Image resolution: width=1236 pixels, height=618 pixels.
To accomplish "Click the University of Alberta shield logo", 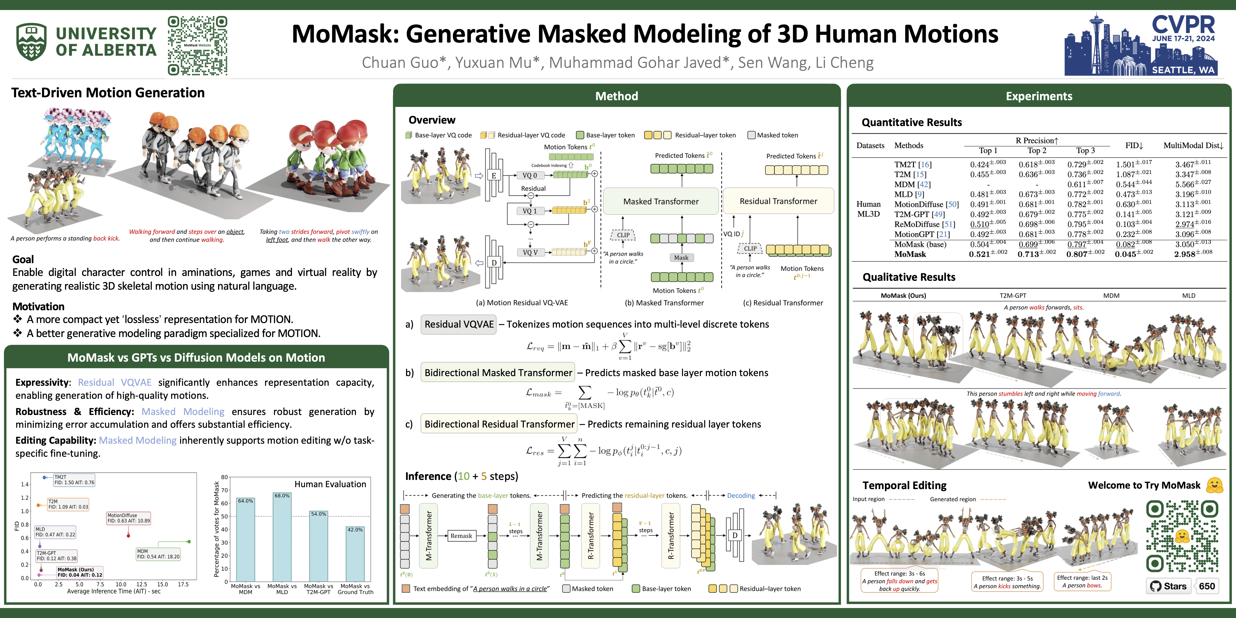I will pos(32,42).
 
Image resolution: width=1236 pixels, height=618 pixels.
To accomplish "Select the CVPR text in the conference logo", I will pos(1183,24).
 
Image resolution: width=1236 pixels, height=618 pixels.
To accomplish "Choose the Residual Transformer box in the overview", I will pos(778,201).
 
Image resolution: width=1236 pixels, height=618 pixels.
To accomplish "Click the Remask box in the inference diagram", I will pos(461,535).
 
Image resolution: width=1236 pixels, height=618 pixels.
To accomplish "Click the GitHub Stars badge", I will pos(1169,586).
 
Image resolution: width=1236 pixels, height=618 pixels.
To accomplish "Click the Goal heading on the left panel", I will pos(23,259).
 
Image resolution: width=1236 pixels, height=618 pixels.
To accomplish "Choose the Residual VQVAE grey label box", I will pos(459,324).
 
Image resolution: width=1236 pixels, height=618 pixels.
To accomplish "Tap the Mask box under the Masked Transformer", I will pos(681,258).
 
